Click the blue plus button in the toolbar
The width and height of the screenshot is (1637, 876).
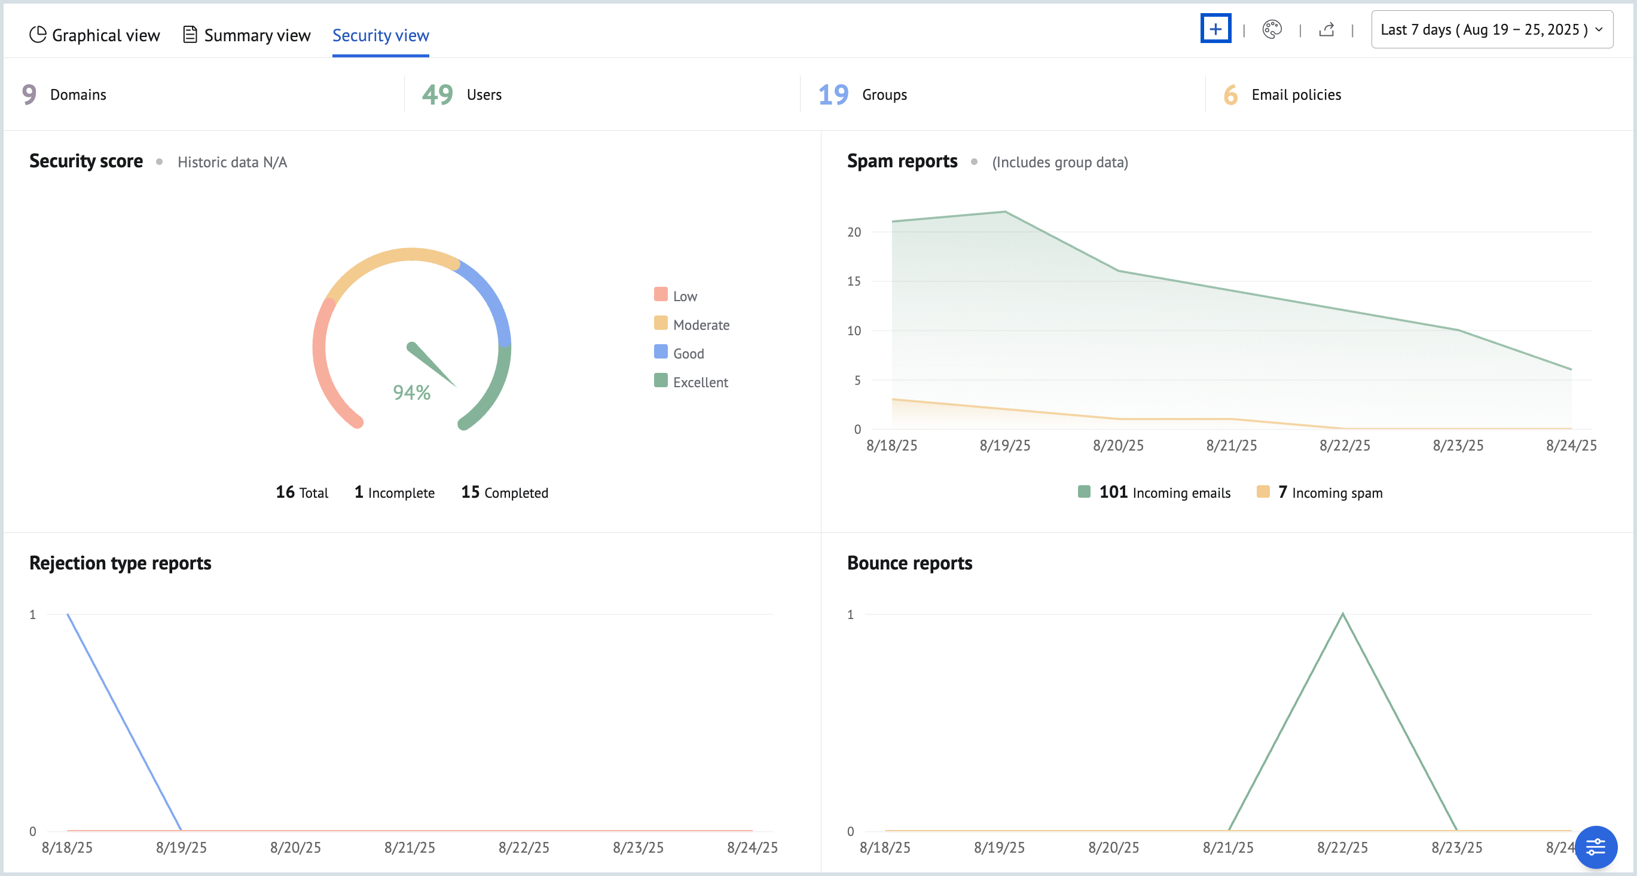1215,29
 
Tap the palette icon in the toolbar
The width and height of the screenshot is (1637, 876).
1272,29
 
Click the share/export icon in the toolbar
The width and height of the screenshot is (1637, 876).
1326,29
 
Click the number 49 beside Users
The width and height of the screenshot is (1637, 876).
437,94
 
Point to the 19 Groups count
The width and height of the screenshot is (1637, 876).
833,94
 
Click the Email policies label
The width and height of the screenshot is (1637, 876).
1296,94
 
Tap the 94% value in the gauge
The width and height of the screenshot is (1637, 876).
412,392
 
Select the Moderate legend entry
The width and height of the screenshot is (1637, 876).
700,324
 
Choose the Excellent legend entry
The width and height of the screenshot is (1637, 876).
700,382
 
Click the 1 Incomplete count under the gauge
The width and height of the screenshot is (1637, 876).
394,492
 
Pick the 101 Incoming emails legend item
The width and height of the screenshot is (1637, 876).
1154,492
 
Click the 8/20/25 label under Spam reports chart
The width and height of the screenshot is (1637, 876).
1118,445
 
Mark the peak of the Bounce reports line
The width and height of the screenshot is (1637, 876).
1342,614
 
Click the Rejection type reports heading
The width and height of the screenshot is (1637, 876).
120,563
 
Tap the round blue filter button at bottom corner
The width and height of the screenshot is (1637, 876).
1595,846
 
